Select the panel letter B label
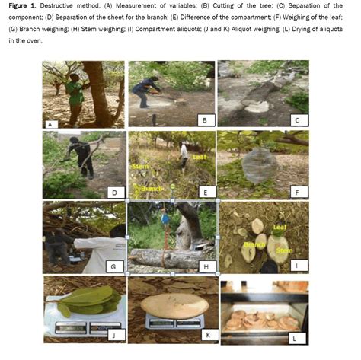click(203, 119)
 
